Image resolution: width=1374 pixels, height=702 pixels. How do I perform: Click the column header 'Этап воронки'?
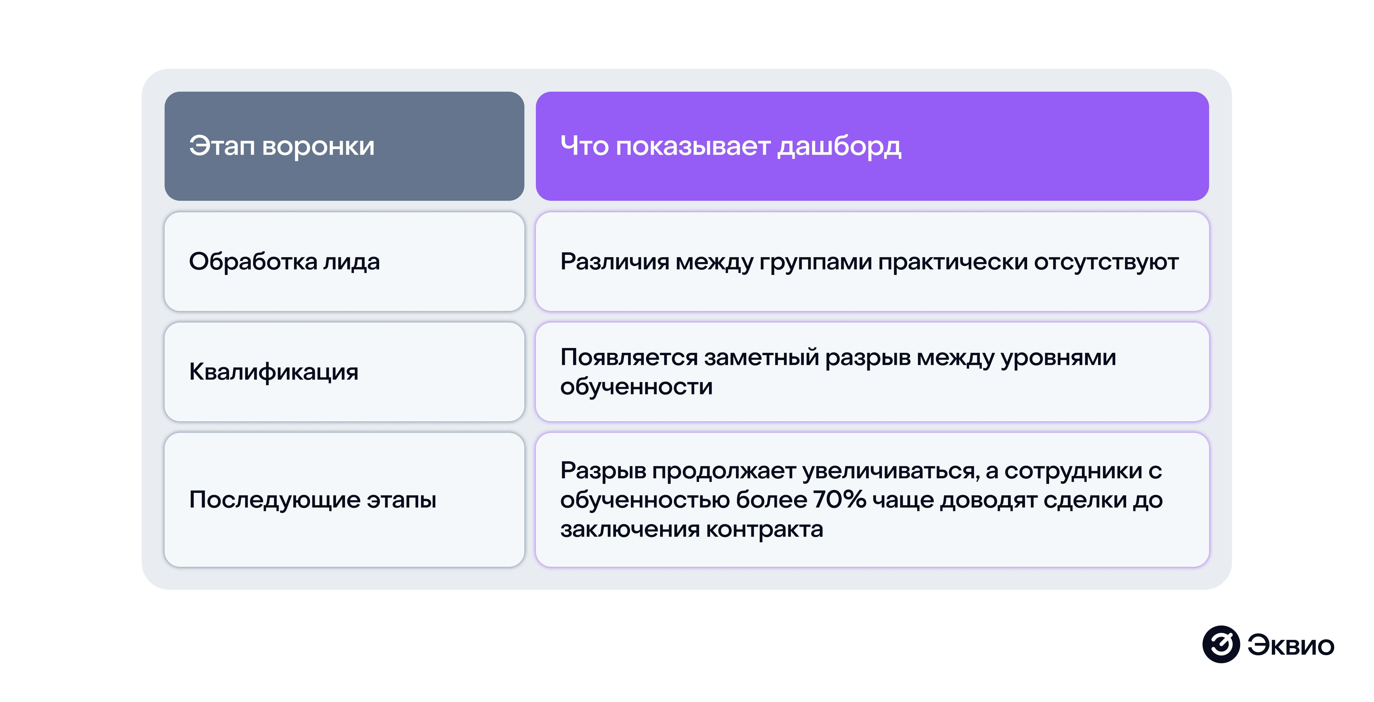tap(282, 146)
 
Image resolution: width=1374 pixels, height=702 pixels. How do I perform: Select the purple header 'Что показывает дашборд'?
tap(731, 146)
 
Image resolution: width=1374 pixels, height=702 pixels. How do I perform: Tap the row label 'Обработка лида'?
tap(284, 261)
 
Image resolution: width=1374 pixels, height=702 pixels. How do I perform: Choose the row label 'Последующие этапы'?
tap(313, 500)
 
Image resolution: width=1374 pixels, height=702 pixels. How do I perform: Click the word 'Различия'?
tap(615, 261)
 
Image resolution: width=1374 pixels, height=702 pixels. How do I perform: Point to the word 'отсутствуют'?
tap(1106, 261)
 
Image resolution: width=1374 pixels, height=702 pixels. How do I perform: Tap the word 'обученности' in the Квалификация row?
tap(636, 386)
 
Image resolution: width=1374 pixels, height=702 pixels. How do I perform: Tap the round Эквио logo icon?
tap(1221, 644)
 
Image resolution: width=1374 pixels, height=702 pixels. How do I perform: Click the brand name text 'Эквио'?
tap(1291, 645)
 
